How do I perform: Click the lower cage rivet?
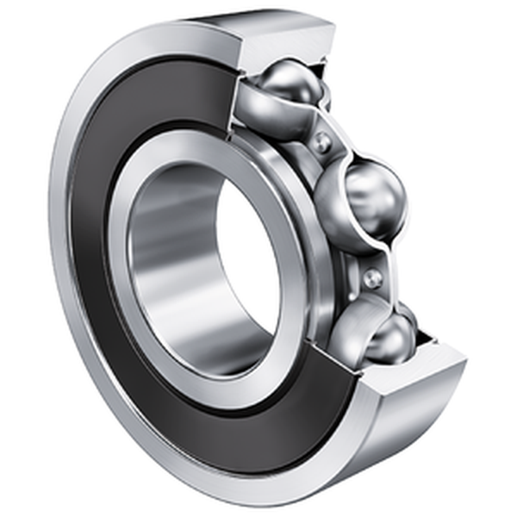click(x=372, y=277)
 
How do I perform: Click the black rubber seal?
click(x=95, y=215)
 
